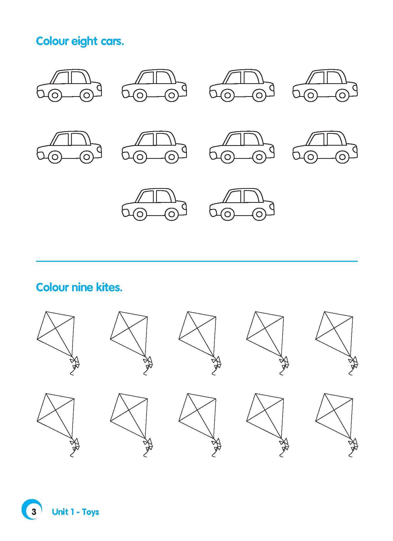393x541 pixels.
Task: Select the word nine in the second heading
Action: (x=82, y=287)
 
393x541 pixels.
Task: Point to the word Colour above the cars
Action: (x=52, y=41)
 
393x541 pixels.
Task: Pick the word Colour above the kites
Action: (x=52, y=287)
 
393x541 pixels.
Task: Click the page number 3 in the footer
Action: (x=34, y=512)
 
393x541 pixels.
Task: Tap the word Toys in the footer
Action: (x=90, y=512)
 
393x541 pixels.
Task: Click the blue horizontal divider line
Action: (x=197, y=261)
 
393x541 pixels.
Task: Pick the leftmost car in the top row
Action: (x=69, y=85)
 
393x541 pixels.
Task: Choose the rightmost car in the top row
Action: (x=325, y=85)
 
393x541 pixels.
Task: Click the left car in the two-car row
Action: (x=154, y=204)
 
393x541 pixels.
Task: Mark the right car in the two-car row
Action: (x=242, y=204)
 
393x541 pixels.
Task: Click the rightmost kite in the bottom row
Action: (x=337, y=425)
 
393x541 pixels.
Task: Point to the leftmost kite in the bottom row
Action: (x=58, y=425)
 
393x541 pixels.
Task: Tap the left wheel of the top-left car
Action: (x=55, y=95)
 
